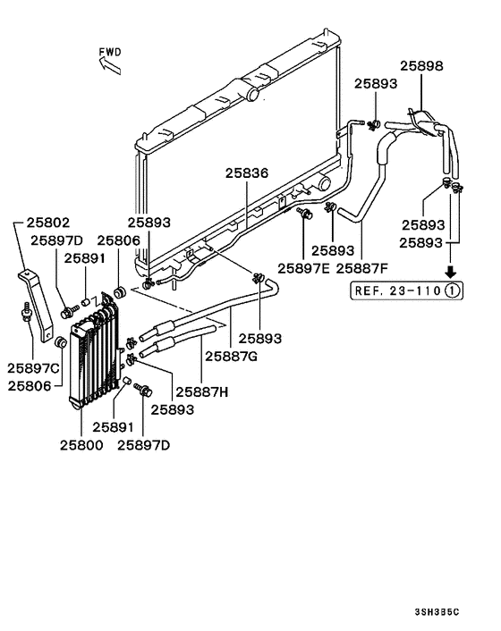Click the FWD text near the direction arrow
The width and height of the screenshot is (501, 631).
pyautogui.click(x=111, y=53)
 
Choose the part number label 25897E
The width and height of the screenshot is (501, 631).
pyautogui.click(x=303, y=266)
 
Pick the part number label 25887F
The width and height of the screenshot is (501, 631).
pyautogui.click(x=362, y=266)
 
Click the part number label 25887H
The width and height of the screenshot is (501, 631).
pyautogui.click(x=202, y=391)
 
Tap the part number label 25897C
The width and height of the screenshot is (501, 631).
pyautogui.click(x=34, y=368)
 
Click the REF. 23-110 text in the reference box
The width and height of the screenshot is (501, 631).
pyautogui.click(x=396, y=290)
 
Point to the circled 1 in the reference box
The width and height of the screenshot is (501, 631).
pyautogui.click(x=454, y=290)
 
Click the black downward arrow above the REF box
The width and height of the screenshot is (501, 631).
pyautogui.click(x=453, y=271)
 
